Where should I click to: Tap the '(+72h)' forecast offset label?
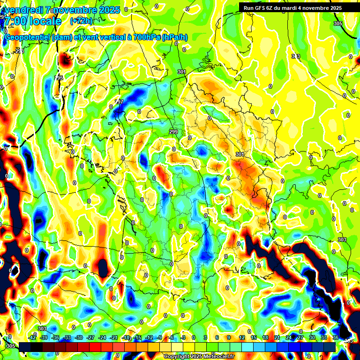coord(81,21)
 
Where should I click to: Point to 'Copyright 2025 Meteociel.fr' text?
coord(199,356)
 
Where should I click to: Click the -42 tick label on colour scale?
coord(32,337)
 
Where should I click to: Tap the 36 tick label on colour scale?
coord(335,337)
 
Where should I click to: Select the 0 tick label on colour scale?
coord(194,337)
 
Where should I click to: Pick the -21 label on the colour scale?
coord(113,337)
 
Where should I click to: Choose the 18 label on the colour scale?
coord(265,337)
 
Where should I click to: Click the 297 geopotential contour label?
coord(119,102)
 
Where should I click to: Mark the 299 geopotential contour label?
coord(173,132)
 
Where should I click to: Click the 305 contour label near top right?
coord(337,23)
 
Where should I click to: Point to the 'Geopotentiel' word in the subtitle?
coord(27,37)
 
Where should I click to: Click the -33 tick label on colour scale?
coord(67,337)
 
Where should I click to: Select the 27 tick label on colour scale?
coord(300,337)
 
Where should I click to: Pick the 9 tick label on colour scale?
coord(229,337)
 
